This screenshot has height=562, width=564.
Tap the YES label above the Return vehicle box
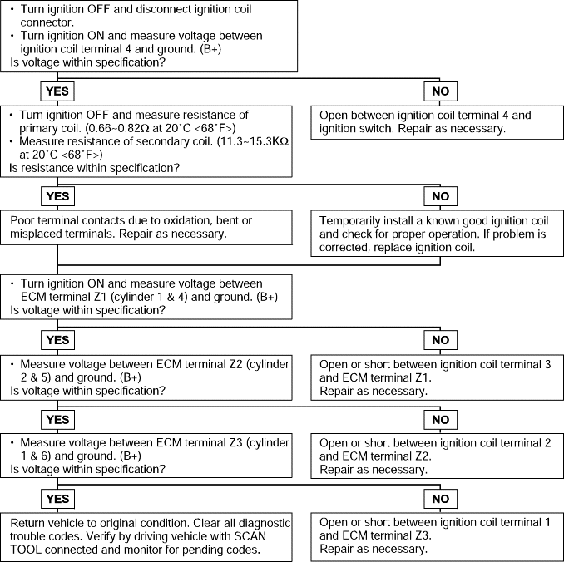pyautogui.click(x=57, y=499)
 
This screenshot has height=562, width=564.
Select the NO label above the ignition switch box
pyautogui.click(x=441, y=91)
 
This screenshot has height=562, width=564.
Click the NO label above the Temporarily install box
pyautogui.click(x=441, y=196)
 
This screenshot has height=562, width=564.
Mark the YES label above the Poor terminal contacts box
pyautogui.click(x=57, y=196)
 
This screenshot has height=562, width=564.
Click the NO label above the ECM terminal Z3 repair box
pyautogui.click(x=441, y=499)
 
